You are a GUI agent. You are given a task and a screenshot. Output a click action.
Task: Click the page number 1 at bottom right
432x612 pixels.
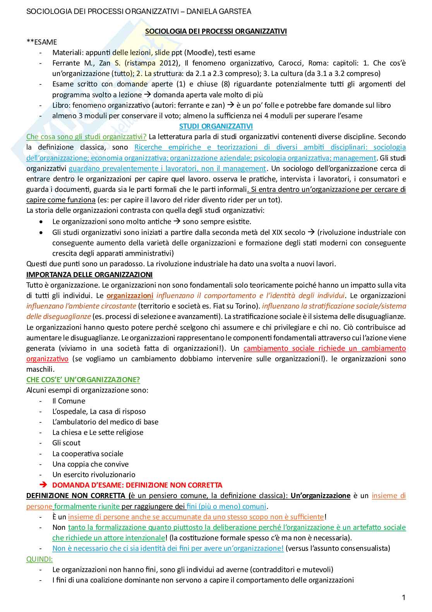coord(404,597)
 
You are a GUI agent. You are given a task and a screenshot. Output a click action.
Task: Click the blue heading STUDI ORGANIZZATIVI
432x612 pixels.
coord(216,126)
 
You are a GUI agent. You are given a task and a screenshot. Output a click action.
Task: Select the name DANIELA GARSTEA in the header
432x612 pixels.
coord(219,12)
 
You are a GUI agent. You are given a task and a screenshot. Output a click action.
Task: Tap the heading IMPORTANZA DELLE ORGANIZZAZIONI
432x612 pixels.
coord(89,274)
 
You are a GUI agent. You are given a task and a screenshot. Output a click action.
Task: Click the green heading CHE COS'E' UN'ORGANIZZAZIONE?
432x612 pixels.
coord(83,379)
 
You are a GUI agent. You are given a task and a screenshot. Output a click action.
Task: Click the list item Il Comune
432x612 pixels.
coord(69,401)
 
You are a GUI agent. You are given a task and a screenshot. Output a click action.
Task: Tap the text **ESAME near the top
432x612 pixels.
coord(41,42)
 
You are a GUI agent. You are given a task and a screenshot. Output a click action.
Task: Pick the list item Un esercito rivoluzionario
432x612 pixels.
coord(94,474)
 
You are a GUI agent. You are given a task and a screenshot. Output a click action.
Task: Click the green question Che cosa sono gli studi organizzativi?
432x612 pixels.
coord(86,136)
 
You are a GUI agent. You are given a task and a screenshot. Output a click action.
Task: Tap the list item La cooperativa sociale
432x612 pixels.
coord(87,453)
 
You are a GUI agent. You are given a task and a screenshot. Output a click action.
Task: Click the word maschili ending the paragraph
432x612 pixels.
coord(40,369)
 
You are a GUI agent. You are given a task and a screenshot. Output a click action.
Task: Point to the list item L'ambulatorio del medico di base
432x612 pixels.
coord(105,422)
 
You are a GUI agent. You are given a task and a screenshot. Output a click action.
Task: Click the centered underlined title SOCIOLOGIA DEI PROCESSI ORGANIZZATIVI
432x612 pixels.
coord(216,31)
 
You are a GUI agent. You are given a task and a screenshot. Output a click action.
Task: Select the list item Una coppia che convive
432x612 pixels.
coord(90,464)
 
